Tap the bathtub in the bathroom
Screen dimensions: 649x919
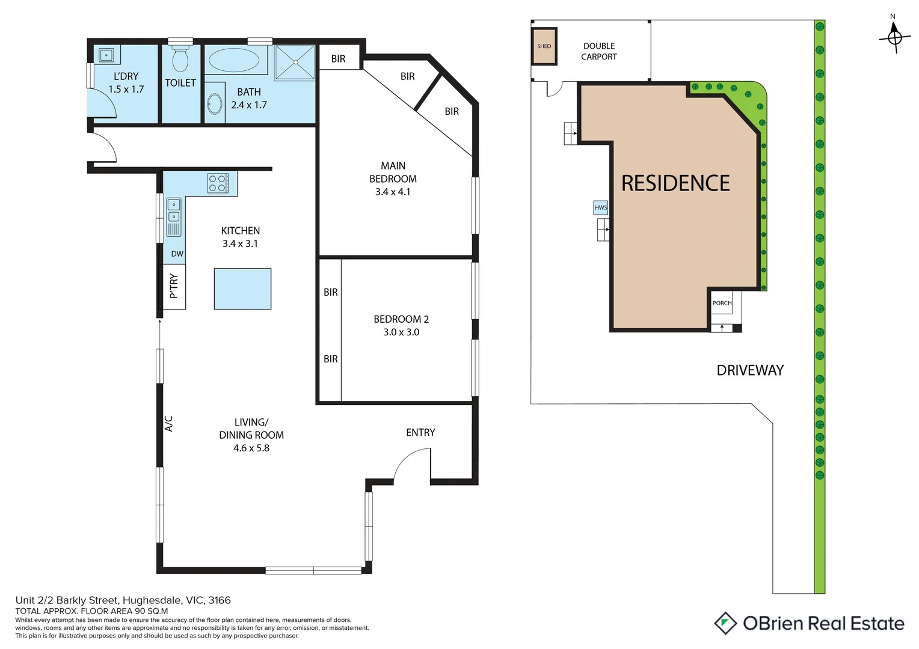pos(234,60)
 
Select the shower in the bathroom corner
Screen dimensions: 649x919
pos(295,62)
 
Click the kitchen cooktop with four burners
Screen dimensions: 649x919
pos(218,183)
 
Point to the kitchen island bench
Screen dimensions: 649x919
pos(242,288)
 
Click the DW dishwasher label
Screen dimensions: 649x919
pos(177,254)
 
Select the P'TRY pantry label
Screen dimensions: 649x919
pos(174,286)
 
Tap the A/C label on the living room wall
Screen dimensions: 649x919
pos(169,424)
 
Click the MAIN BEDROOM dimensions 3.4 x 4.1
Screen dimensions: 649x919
pos(392,192)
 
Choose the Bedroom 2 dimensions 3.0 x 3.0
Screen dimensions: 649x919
pos(401,332)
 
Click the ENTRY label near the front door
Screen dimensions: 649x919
pos(420,432)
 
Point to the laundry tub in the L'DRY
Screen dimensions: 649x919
pos(106,55)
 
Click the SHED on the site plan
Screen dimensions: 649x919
pos(544,46)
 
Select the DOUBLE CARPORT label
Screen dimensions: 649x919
pos(599,51)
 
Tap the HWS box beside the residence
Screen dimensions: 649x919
pos(601,207)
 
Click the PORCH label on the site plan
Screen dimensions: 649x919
pos(722,303)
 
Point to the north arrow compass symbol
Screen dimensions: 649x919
pos(894,37)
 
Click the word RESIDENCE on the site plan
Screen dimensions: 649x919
pos(675,183)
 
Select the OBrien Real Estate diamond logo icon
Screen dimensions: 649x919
pos(725,623)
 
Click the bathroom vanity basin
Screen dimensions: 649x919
pos(215,104)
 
